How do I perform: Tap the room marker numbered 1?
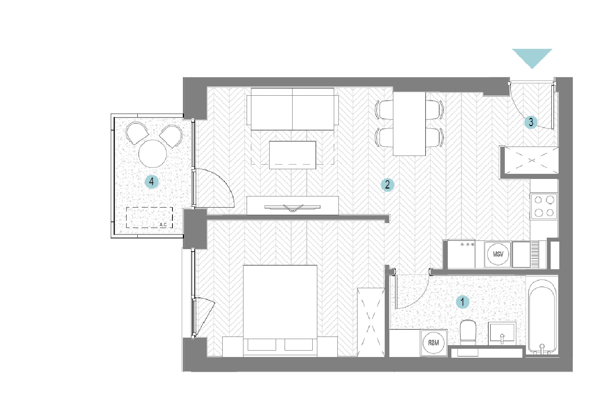(x=462, y=302)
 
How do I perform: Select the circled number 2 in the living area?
(x=387, y=185)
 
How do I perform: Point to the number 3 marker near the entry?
(x=531, y=122)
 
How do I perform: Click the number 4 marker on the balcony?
(x=151, y=182)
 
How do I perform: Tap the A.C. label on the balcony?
(x=163, y=225)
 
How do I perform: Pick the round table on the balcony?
(x=153, y=153)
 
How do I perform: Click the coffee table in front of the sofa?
(x=293, y=155)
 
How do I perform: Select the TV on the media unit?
(x=293, y=208)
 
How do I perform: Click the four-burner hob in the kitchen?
(x=544, y=206)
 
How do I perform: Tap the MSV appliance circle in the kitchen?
(x=498, y=254)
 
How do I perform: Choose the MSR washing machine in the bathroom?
(x=433, y=343)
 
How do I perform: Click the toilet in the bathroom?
(x=468, y=333)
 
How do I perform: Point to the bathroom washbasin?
(x=502, y=334)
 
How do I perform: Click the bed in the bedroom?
(x=280, y=311)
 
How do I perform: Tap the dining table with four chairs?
(x=409, y=124)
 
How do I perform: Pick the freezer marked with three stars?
(x=461, y=254)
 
